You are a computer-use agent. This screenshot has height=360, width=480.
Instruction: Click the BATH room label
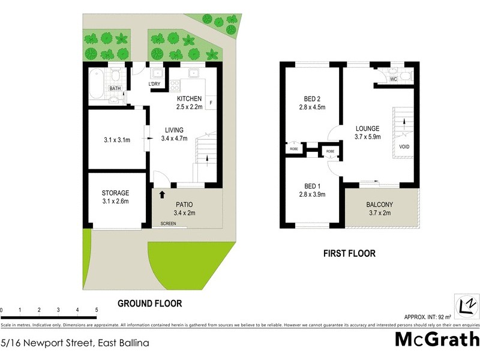115,89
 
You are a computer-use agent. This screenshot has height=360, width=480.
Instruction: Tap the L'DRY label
157,83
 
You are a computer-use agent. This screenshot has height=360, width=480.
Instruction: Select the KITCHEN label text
189,98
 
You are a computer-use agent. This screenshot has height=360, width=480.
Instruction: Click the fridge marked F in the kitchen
212,103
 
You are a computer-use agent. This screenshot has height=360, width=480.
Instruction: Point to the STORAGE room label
115,193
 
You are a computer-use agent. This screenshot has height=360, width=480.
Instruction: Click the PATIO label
185,205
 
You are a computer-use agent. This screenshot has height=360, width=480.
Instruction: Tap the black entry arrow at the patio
161,194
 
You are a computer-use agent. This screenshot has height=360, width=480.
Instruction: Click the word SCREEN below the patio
169,224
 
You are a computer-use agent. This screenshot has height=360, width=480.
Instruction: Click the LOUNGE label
367,128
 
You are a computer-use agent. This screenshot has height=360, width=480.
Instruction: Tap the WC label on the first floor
394,79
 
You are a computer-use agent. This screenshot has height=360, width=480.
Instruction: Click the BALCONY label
379,205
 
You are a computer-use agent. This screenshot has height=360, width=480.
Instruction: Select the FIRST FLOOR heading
349,254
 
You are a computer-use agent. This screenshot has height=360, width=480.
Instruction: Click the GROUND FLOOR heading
149,304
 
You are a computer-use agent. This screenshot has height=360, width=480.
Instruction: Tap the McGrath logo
436,339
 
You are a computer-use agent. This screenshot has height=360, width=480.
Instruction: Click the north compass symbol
466,305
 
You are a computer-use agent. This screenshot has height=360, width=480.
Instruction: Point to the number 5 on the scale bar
97,310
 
